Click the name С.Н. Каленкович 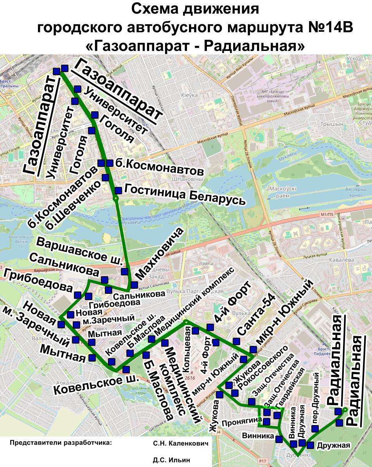pos(178,443)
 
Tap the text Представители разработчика pos(61,443)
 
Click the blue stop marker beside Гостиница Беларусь pos(118,190)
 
